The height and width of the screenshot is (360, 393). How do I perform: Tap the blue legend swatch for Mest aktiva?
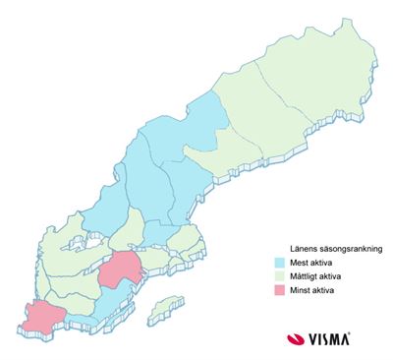(x=281, y=263)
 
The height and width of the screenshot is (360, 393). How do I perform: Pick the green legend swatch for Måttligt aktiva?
(x=281, y=277)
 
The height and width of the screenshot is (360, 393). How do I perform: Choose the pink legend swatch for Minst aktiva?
(x=281, y=292)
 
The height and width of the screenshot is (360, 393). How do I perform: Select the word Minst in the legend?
(x=300, y=292)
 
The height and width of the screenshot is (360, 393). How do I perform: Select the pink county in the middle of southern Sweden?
(x=122, y=267)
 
